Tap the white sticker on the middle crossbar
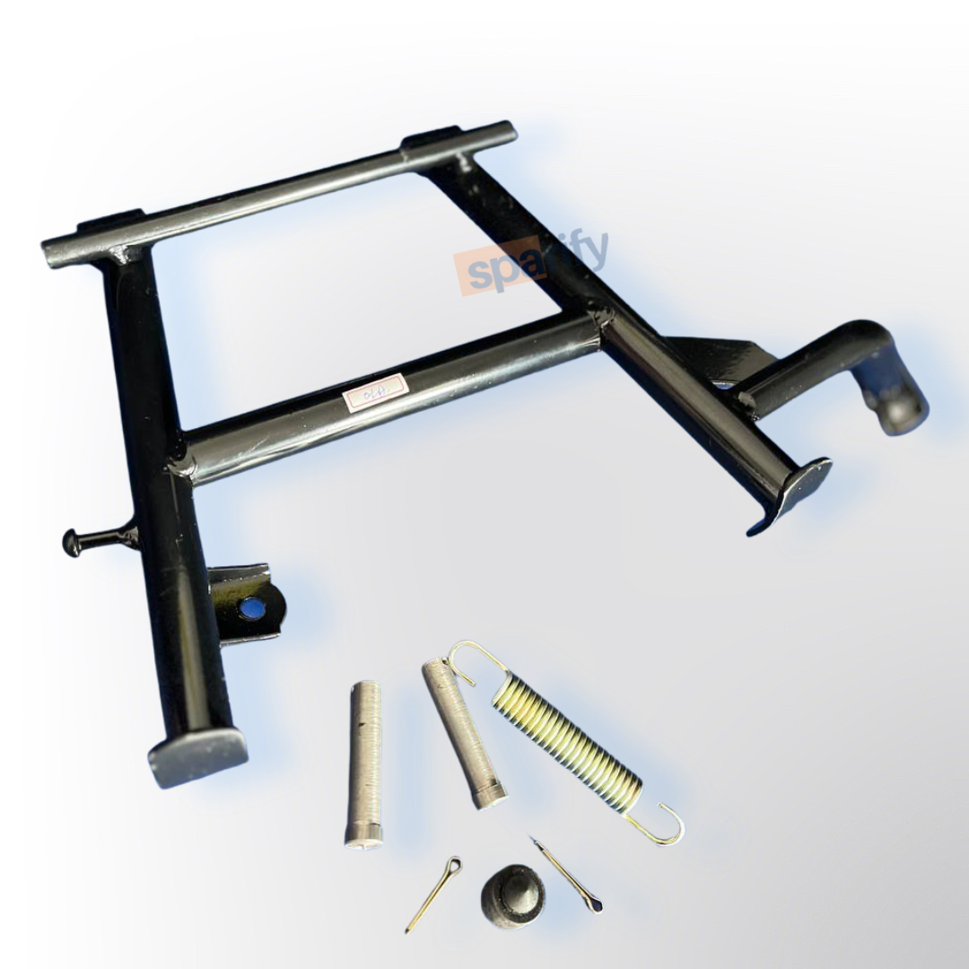[375, 392]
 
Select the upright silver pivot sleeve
[363, 763]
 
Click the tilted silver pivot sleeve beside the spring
[463, 731]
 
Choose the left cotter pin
[434, 892]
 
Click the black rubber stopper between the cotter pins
[512, 896]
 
